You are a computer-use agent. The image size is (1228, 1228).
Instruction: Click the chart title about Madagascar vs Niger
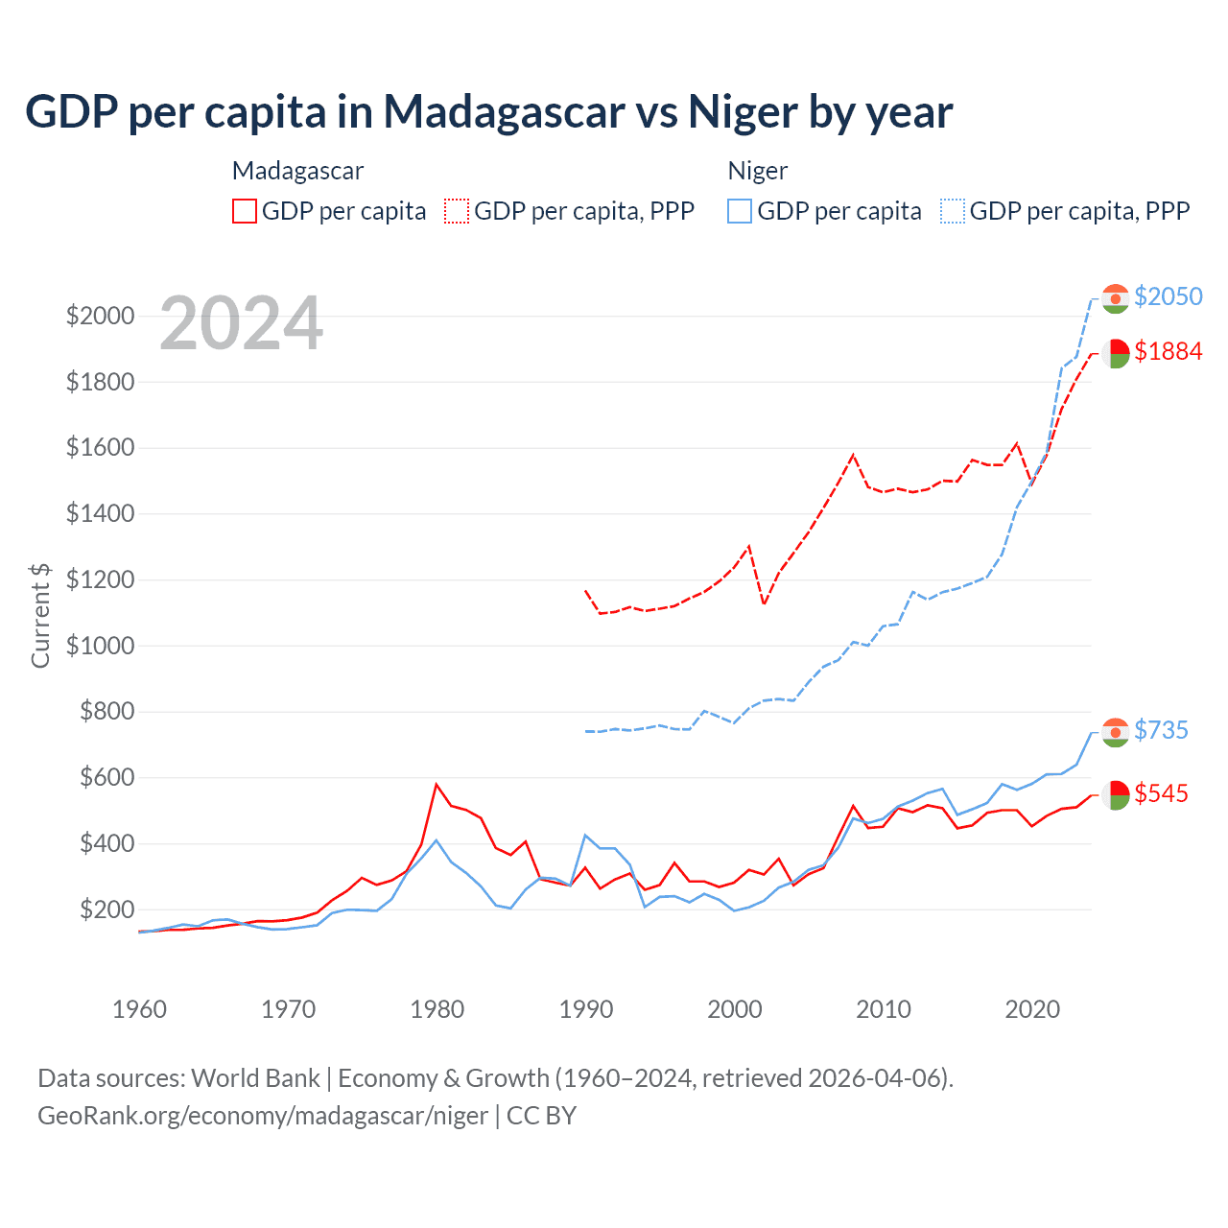pos(489,112)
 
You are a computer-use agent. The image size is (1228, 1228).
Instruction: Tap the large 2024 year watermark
pos(241,324)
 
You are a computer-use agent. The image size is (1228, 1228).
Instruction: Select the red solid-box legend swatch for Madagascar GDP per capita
pos(245,211)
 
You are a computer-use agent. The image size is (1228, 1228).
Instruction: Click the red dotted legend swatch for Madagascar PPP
pos(457,211)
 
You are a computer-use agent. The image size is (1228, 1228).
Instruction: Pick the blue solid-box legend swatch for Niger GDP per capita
pos(740,211)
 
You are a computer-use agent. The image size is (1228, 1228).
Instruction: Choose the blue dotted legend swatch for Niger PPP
pos(953,211)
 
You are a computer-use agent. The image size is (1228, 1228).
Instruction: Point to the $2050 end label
pos(1168,296)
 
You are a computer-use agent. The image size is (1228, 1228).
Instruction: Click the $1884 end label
pos(1168,352)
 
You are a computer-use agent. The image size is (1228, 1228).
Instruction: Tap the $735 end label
pos(1161,730)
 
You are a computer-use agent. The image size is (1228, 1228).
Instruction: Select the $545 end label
pos(1161,793)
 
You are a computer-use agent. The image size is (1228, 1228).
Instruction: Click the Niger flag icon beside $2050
pos(1115,298)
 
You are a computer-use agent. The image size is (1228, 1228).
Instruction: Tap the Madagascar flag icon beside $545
pos(1115,794)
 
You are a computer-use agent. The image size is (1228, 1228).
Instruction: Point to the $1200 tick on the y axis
pos(100,579)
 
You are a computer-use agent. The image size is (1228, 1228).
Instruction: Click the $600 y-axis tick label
pos(100,777)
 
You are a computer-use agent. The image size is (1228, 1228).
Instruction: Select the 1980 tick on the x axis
pos(437,1009)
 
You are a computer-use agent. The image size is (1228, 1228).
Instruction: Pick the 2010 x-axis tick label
pos(884,1009)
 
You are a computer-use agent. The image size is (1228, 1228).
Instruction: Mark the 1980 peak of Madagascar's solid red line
pos(437,785)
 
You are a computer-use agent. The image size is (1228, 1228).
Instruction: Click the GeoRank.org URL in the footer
pos(263,1116)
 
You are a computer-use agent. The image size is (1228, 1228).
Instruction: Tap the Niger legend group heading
pos(757,171)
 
